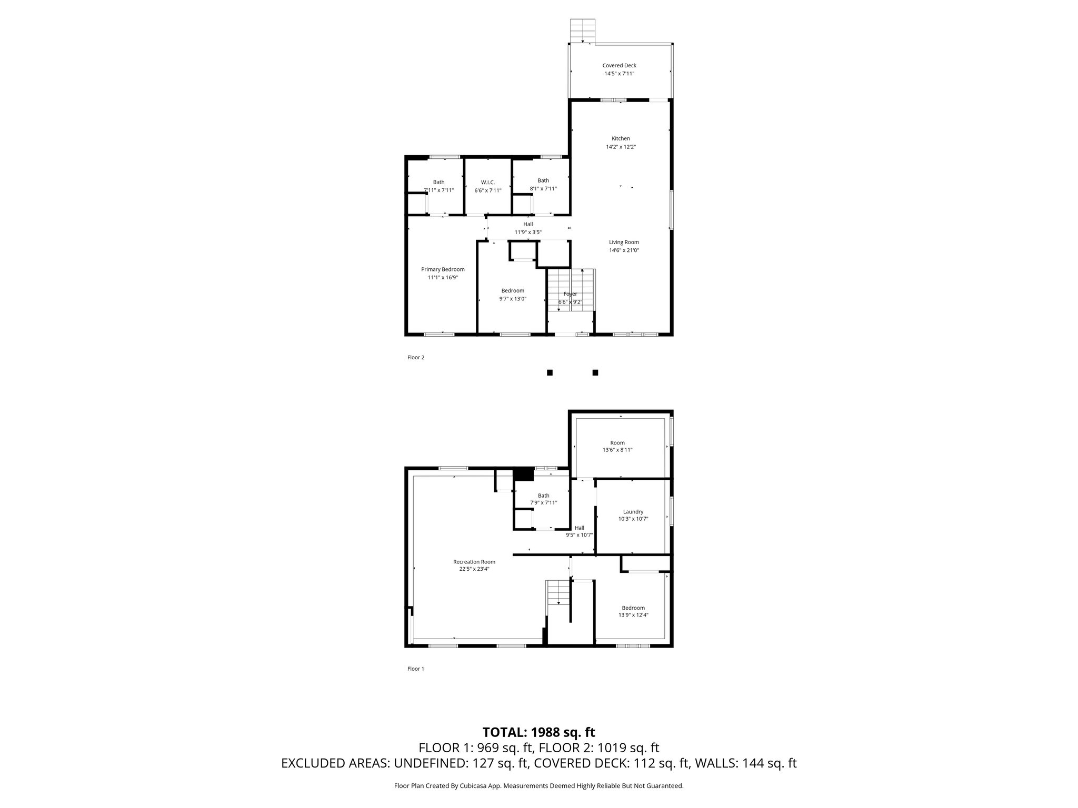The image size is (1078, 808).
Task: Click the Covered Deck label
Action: (620, 66)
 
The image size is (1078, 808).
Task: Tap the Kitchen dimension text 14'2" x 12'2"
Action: (621, 147)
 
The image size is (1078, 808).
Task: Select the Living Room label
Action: (624, 243)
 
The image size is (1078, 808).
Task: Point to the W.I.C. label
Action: (488, 183)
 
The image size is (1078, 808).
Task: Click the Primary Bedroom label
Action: (443, 269)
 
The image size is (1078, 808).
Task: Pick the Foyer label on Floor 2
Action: (570, 294)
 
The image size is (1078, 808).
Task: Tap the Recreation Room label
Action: (474, 562)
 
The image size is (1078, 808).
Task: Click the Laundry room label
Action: (633, 512)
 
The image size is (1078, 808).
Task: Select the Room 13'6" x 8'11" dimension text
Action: (617, 450)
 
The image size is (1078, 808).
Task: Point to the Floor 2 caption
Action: (416, 358)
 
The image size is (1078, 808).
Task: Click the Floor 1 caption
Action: (416, 669)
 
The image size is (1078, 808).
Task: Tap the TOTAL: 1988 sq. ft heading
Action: (539, 732)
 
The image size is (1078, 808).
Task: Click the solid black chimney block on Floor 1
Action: (523, 474)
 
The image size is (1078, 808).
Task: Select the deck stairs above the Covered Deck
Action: (583, 31)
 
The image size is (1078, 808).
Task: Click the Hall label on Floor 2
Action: (528, 224)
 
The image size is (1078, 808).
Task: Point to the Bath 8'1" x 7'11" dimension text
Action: (543, 189)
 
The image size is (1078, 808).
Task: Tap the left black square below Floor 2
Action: (550, 372)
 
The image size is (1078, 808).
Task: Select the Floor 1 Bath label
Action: (543, 496)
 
